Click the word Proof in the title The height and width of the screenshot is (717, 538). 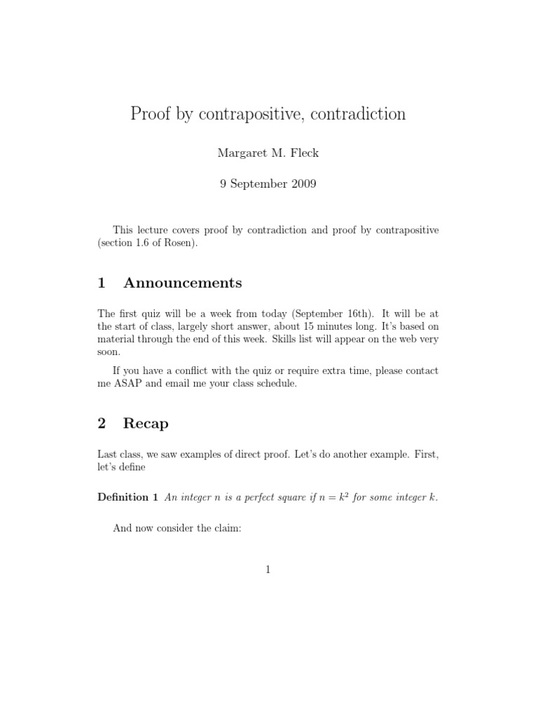tap(151, 114)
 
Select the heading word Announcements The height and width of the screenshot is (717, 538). tap(183, 283)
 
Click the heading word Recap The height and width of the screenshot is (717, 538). tap(146, 424)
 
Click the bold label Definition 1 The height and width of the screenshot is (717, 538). tap(127, 498)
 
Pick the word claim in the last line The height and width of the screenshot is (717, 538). tap(227, 528)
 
